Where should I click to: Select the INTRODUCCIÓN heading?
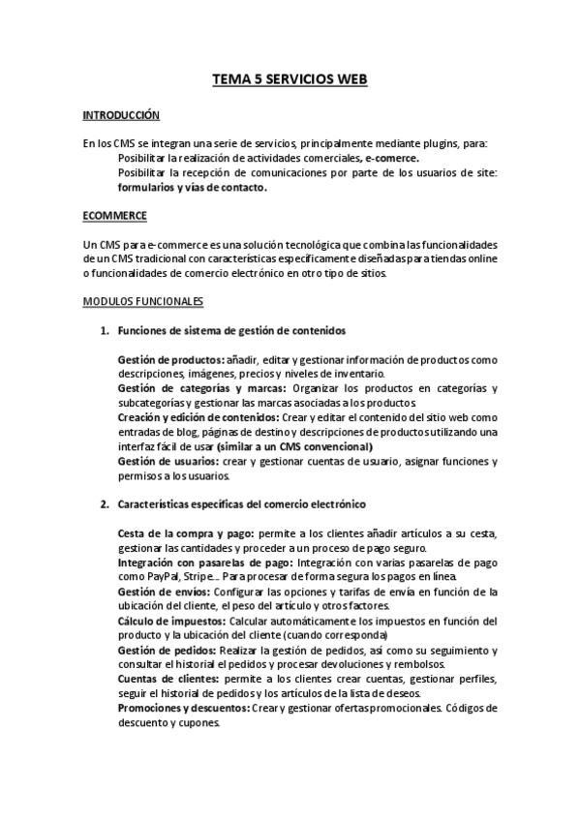click(x=121, y=115)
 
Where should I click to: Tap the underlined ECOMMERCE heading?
click(x=115, y=214)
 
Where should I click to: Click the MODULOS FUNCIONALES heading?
click(x=143, y=301)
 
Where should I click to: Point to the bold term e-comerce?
click(x=392, y=158)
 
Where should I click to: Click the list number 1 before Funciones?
click(x=105, y=331)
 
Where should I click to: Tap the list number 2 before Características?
click(x=105, y=505)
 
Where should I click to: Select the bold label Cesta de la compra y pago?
click(x=186, y=533)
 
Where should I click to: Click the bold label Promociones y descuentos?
click(x=183, y=708)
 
